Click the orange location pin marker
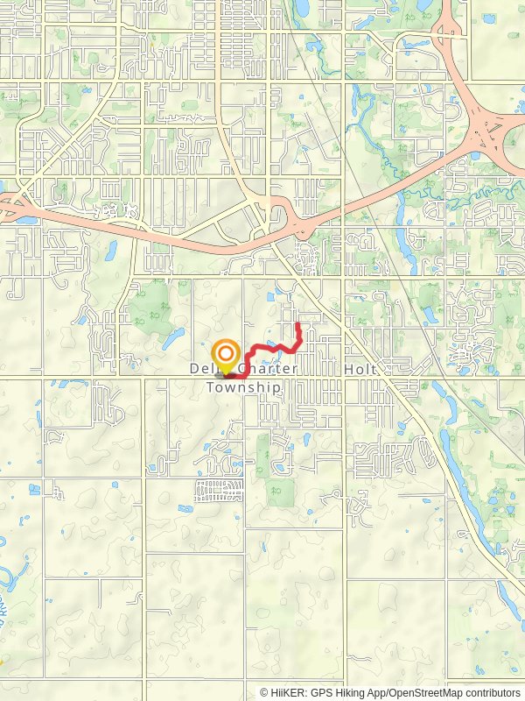tap(226, 355)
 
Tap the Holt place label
tap(360, 370)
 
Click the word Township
tap(244, 386)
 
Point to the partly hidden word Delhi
tap(203, 370)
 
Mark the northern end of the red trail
tap(299, 325)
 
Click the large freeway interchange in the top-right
tap(484, 137)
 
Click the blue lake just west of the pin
tap(172, 336)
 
